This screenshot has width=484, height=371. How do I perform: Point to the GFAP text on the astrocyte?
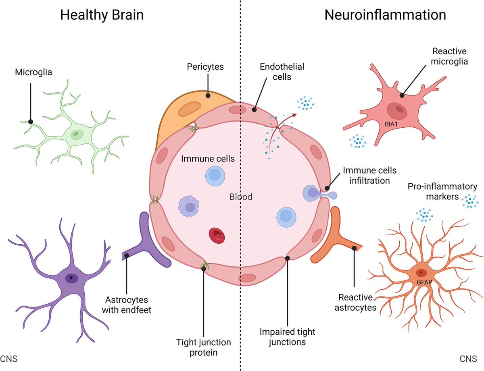click(x=422, y=282)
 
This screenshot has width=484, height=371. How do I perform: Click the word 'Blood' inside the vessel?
click(x=240, y=197)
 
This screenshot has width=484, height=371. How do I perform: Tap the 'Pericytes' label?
click(x=205, y=66)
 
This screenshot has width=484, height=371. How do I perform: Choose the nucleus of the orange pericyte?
click(x=189, y=109)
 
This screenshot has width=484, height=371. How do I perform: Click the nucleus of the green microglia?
click(x=75, y=135)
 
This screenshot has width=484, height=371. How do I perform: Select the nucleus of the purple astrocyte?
click(x=71, y=278)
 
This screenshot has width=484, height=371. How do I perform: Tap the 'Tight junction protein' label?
click(x=204, y=347)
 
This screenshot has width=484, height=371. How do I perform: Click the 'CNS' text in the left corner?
click(x=8, y=358)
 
